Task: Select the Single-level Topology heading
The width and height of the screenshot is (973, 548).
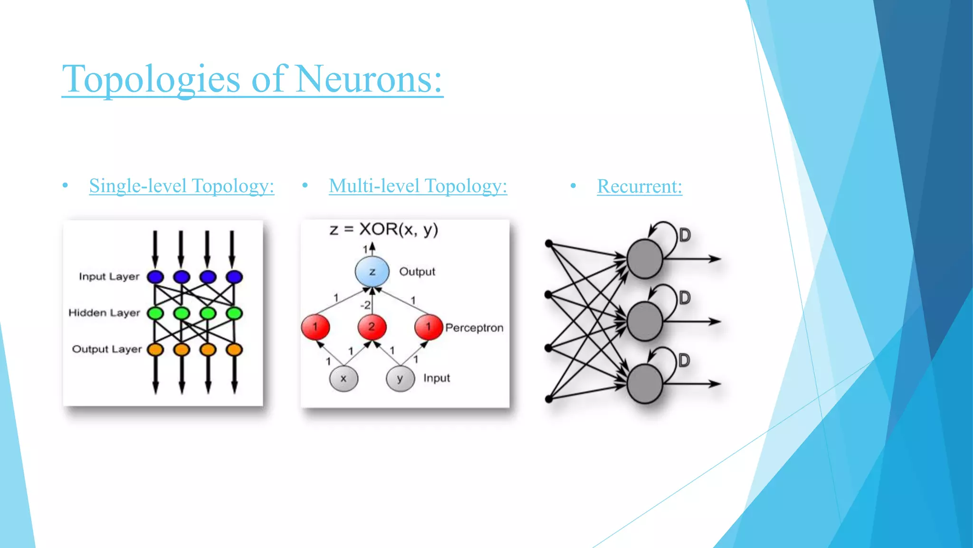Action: click(x=181, y=186)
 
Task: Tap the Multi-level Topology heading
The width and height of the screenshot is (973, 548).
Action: click(x=418, y=186)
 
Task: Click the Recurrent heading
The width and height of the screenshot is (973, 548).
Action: click(x=639, y=186)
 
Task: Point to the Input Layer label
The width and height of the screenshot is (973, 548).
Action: click(x=109, y=277)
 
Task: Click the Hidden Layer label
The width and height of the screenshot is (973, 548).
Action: click(x=104, y=313)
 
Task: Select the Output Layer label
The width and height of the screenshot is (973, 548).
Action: click(x=106, y=349)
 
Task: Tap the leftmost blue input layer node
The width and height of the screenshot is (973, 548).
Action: click(x=155, y=277)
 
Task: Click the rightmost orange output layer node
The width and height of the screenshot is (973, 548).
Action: click(x=234, y=350)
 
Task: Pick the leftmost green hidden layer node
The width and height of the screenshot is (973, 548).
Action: click(x=155, y=313)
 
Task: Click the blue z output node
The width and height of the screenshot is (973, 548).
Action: click(x=372, y=272)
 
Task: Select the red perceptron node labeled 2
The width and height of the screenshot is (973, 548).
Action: click(x=372, y=327)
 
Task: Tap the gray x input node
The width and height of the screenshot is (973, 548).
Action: click(x=343, y=379)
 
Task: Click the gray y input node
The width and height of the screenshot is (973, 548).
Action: click(x=400, y=379)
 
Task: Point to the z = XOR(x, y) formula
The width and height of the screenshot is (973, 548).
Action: click(x=383, y=230)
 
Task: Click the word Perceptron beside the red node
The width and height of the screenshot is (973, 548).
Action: click(x=474, y=328)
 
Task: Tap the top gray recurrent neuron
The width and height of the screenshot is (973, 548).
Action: click(x=644, y=259)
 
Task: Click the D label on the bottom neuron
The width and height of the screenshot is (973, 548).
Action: click(x=684, y=360)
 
